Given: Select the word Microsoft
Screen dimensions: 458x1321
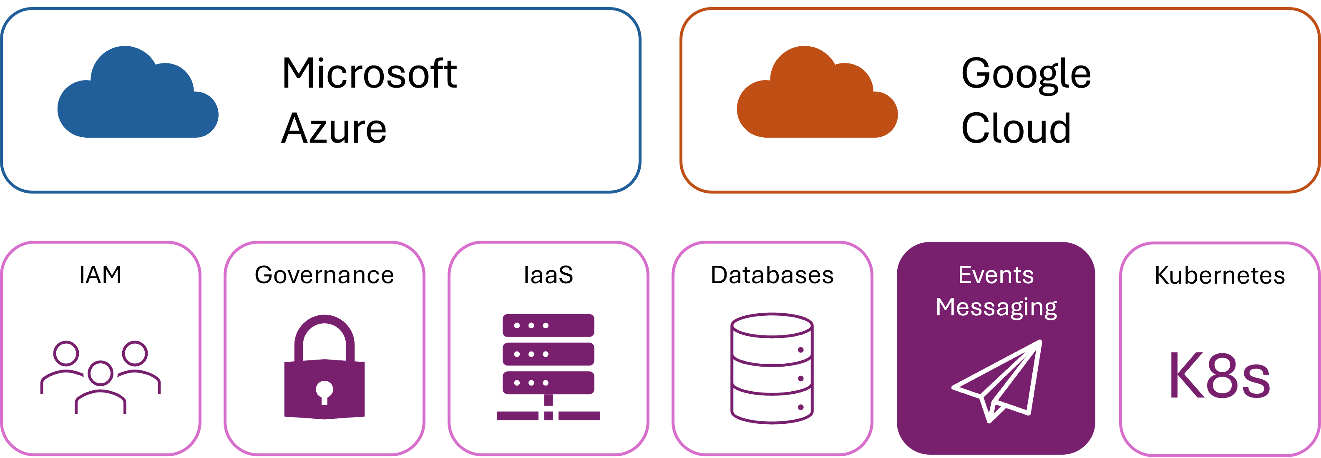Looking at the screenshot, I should tap(369, 74).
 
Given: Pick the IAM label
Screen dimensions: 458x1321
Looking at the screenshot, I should tap(101, 275).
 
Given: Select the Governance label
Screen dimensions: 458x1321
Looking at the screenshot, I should tap(324, 275).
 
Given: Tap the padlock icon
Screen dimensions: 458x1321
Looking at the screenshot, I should tap(324, 367).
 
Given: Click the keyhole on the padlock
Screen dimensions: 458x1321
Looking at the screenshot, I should tap(324, 391).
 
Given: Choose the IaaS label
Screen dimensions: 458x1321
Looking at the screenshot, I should tap(548, 275).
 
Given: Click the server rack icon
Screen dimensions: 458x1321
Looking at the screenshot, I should tap(548, 367).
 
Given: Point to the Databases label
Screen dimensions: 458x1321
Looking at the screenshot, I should tap(772, 275).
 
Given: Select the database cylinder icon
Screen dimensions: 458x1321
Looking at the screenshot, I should tap(772, 368).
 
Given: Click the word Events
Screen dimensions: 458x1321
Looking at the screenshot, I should tap(996, 275).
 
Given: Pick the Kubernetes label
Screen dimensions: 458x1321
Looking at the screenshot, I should tap(1220, 275).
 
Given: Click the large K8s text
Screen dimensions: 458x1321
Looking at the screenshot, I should tap(1220, 376).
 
